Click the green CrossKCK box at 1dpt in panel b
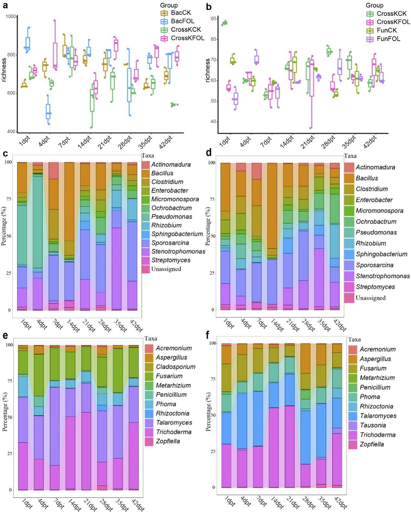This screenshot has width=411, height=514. (x=224, y=22)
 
